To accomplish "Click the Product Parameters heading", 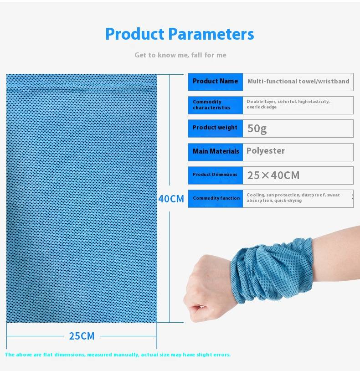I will [180, 34].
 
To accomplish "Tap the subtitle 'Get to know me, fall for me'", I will [180, 55].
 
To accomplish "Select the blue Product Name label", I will [215, 82].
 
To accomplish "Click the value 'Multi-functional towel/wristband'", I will [298, 82].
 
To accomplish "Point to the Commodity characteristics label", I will [215, 105].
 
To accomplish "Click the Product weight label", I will [215, 128].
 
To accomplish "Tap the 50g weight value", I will [257, 129].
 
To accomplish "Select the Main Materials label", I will [216, 151].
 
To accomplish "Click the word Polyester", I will [266, 151].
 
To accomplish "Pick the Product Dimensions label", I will [215, 175].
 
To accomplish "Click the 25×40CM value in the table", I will [273, 175].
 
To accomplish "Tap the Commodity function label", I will [216, 198].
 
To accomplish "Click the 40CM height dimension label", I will [171, 199].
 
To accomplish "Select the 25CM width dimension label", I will [82, 336].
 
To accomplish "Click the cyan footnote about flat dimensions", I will [118, 355].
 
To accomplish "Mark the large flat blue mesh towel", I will [82, 198].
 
